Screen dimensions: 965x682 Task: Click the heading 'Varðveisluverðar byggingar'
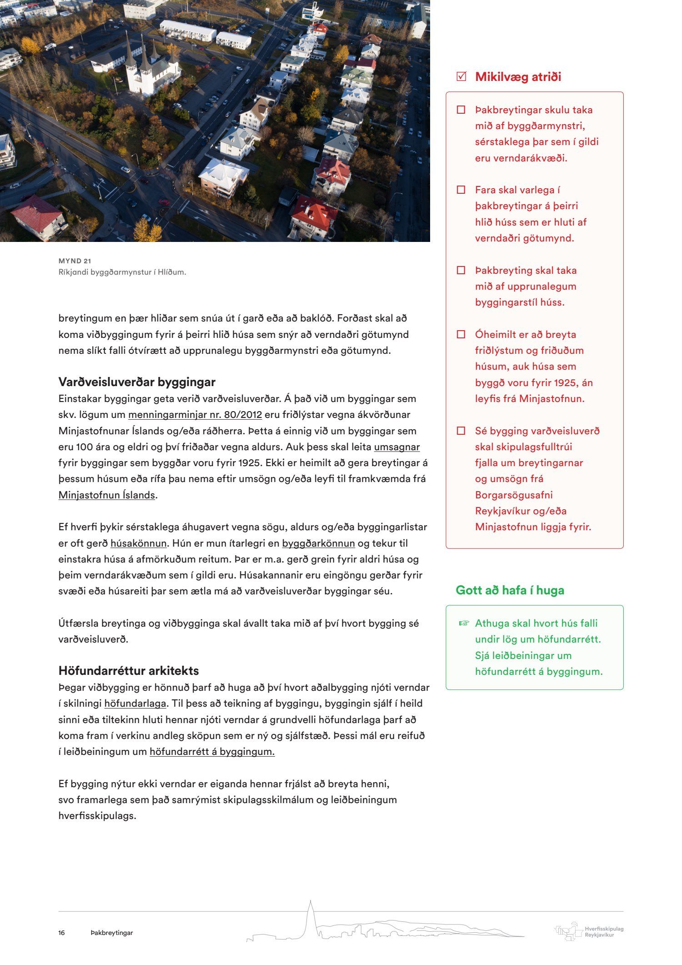tap(137, 382)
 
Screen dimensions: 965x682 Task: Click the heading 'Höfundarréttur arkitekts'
tap(129, 671)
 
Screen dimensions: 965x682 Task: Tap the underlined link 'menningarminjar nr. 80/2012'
tap(195, 415)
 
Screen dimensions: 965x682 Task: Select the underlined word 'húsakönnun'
tap(138, 543)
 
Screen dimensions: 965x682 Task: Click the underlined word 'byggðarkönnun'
tap(318, 543)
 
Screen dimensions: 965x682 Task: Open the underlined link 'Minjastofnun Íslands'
tap(107, 495)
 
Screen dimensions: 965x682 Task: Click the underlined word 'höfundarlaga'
tap(135, 704)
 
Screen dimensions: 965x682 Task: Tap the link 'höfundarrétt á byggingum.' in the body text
tap(212, 752)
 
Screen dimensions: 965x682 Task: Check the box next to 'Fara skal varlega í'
tap(461, 190)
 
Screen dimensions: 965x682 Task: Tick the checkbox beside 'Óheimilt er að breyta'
tap(461, 335)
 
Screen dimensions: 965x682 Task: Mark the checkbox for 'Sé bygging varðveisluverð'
tap(461, 431)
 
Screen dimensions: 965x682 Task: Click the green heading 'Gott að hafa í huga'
tap(510, 590)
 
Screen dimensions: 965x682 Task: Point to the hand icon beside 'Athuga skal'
tap(463, 623)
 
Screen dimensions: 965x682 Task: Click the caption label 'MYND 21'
tap(75, 261)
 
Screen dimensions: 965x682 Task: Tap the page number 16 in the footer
tap(61, 933)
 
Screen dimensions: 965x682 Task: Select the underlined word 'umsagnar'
tap(396, 447)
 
